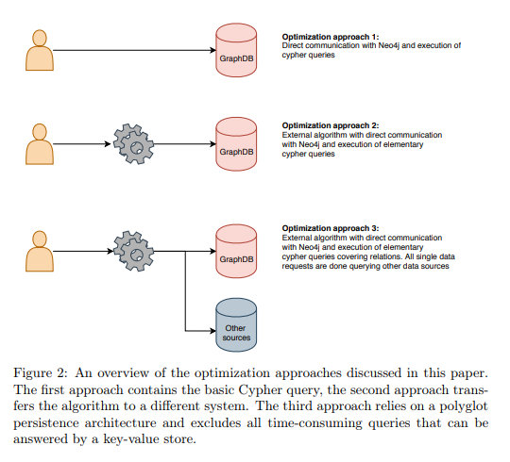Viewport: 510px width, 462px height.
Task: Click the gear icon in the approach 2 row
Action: [x=134, y=144]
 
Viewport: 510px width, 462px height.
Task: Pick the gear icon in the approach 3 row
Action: [x=134, y=251]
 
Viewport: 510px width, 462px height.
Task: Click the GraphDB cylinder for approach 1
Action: [x=236, y=50]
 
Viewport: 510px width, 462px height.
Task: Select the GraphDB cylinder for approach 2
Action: [x=236, y=144]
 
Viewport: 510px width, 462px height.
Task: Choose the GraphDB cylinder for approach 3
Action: [x=236, y=251]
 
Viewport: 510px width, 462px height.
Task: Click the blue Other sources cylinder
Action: [x=236, y=325]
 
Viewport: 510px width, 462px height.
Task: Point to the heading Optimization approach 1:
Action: [x=331, y=37]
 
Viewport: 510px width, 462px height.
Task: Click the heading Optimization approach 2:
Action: [x=331, y=125]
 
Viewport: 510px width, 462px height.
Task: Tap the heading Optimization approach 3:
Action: [x=331, y=228]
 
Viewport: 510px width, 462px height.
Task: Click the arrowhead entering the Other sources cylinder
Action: [x=213, y=331]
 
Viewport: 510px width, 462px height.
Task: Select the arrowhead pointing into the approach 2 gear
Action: [x=108, y=144]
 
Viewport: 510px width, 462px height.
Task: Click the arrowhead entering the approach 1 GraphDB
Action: [x=213, y=50]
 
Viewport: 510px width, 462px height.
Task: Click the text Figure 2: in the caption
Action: [x=41, y=373]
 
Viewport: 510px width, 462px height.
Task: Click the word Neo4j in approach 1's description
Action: [x=389, y=46]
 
